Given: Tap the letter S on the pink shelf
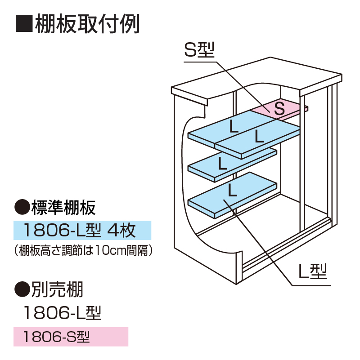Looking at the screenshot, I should (x=279, y=108).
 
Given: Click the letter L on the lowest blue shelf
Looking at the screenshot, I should (x=232, y=191).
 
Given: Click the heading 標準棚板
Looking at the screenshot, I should (x=63, y=208).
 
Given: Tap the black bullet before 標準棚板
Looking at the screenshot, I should (x=22, y=208).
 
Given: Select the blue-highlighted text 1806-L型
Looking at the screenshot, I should (x=64, y=231).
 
